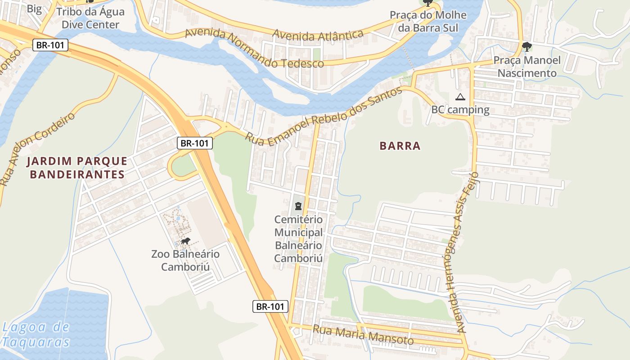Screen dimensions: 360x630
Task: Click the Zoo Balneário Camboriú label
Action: [185, 261]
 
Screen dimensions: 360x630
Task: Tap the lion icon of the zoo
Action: [185, 242]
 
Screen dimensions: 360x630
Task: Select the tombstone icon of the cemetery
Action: [298, 207]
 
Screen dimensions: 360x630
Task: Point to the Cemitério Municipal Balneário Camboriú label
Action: [298, 239]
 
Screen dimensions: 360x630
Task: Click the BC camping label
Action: [460, 109]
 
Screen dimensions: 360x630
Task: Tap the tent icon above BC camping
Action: [460, 97]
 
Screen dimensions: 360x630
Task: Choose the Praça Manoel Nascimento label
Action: [527, 67]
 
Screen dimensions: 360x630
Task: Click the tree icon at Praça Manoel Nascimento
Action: [526, 46]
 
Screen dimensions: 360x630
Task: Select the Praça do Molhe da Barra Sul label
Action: [428, 21]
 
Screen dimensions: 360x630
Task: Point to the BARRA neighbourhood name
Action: [400, 146]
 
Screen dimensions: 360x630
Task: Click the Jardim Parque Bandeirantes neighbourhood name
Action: [77, 167]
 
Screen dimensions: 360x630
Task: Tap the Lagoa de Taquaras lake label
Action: [36, 334]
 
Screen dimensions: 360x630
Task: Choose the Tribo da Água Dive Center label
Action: [90, 18]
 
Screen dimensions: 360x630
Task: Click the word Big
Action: [34, 9]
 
